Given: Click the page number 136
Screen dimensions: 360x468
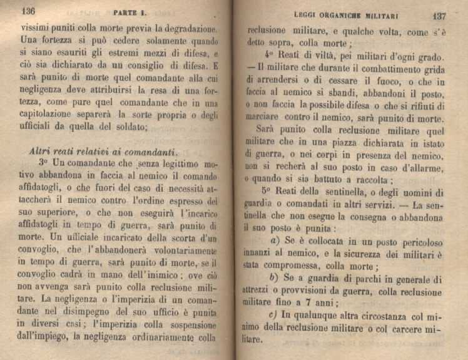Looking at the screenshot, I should pyautogui.click(x=28, y=11).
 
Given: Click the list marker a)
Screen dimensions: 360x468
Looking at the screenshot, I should pyautogui.click(x=274, y=242).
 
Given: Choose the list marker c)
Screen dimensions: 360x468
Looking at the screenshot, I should pyautogui.click(x=273, y=316).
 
